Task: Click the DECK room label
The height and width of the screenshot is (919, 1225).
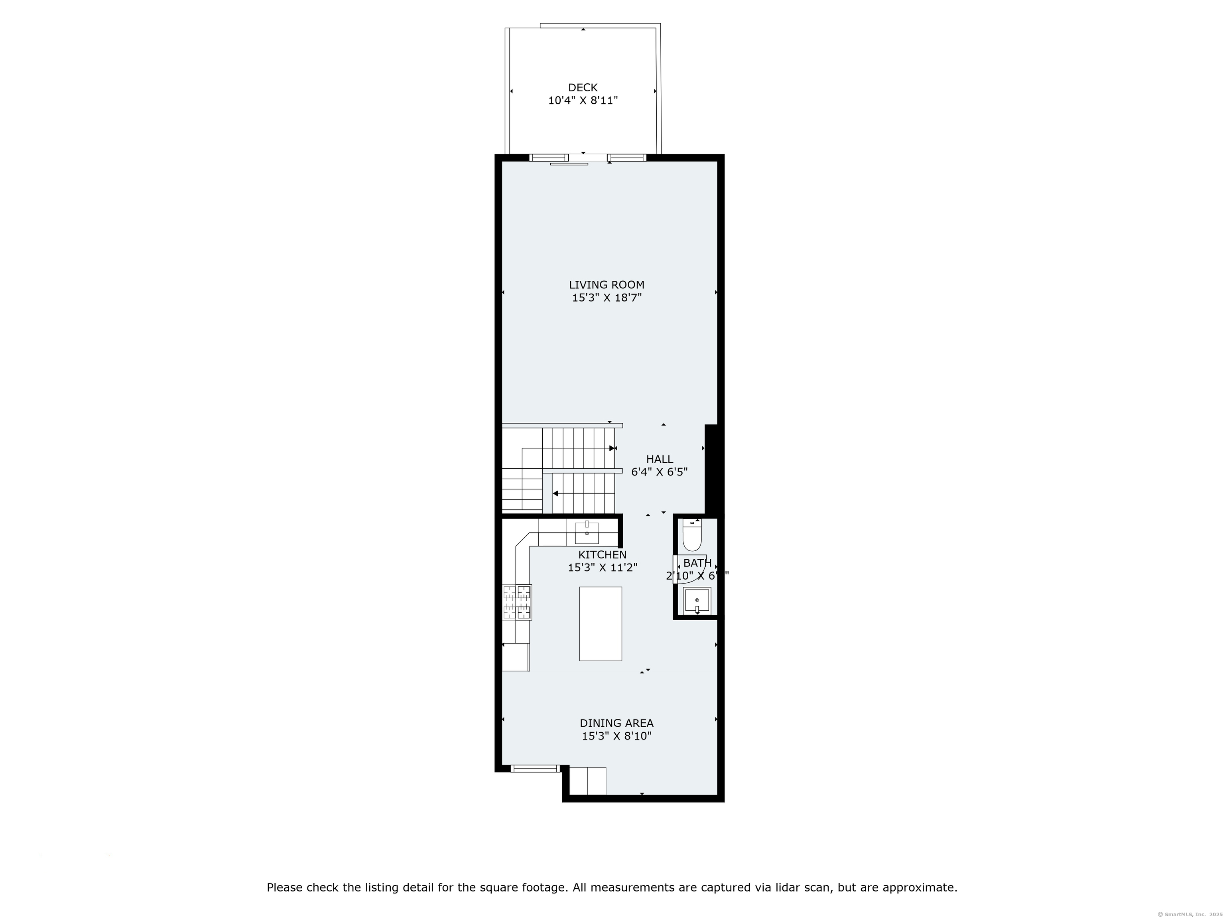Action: [583, 87]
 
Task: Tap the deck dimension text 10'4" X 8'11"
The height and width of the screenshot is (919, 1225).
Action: [583, 101]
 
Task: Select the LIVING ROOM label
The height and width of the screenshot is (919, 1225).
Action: [607, 285]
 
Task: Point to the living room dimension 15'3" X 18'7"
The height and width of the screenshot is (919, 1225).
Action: [607, 298]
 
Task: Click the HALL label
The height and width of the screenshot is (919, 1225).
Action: [660, 459]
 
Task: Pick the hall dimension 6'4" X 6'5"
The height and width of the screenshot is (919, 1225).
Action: [660, 472]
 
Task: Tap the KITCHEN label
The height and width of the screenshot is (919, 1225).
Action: [603, 554]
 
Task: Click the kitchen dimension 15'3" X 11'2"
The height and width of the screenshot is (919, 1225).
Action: [603, 568]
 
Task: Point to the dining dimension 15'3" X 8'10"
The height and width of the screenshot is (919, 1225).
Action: [616, 736]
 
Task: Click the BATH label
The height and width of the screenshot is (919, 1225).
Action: [697, 563]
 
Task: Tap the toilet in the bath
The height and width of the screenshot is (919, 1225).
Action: [692, 535]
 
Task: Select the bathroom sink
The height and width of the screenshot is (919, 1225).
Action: [697, 600]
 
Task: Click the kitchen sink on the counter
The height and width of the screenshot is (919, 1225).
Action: [587, 533]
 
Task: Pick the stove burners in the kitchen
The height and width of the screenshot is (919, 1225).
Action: [517, 602]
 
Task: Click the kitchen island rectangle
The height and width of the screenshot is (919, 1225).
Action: [600, 624]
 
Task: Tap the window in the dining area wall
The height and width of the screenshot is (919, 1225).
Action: [534, 768]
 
